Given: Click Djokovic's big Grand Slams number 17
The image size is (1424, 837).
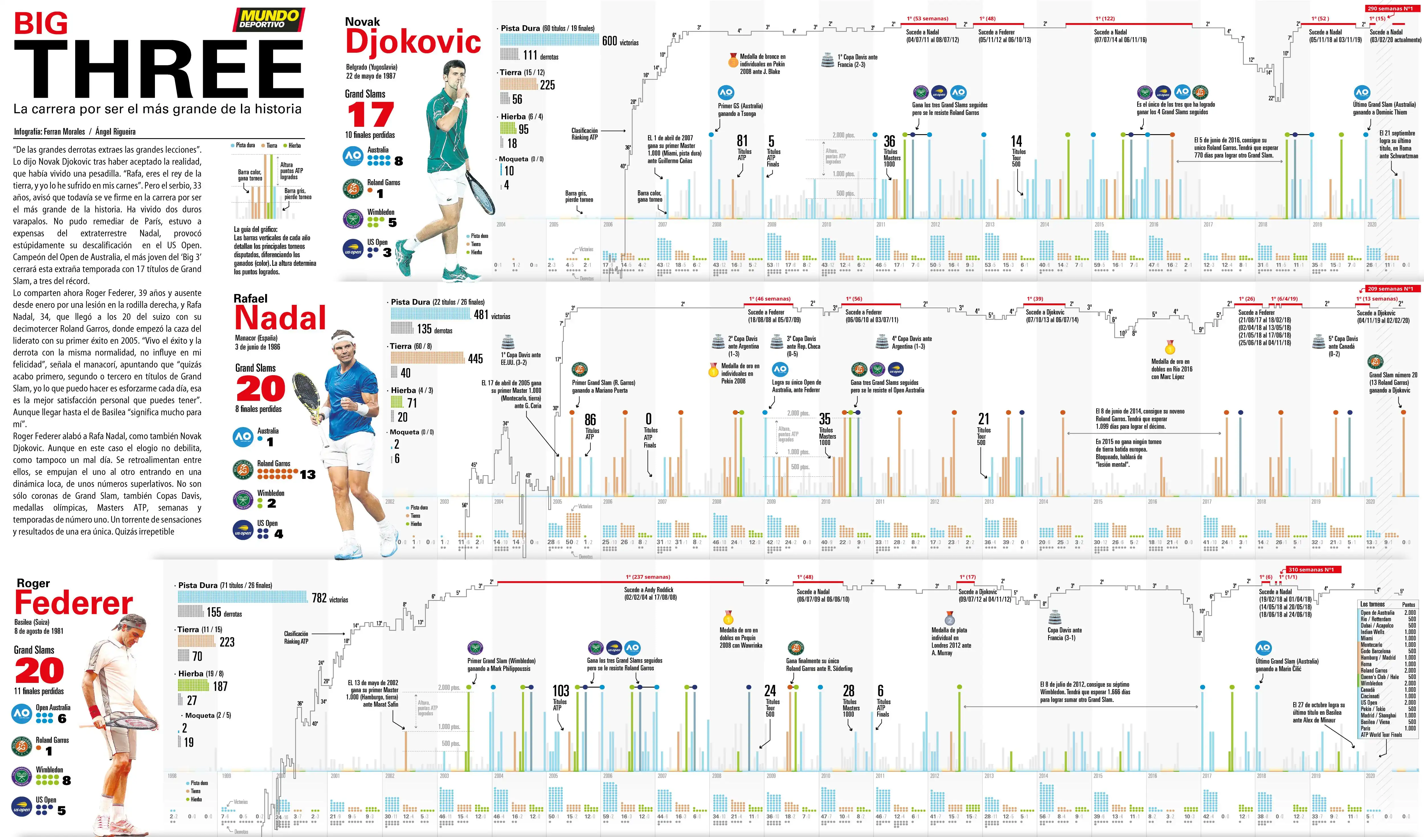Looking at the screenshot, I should pyautogui.click(x=370, y=115).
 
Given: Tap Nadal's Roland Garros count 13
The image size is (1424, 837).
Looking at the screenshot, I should pyautogui.click(x=307, y=474).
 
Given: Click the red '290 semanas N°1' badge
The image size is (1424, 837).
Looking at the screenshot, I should pyautogui.click(x=1393, y=9).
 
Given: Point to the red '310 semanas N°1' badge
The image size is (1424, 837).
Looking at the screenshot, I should pyautogui.click(x=1314, y=570).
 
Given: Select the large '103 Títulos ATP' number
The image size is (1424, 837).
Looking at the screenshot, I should pyautogui.click(x=560, y=691).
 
